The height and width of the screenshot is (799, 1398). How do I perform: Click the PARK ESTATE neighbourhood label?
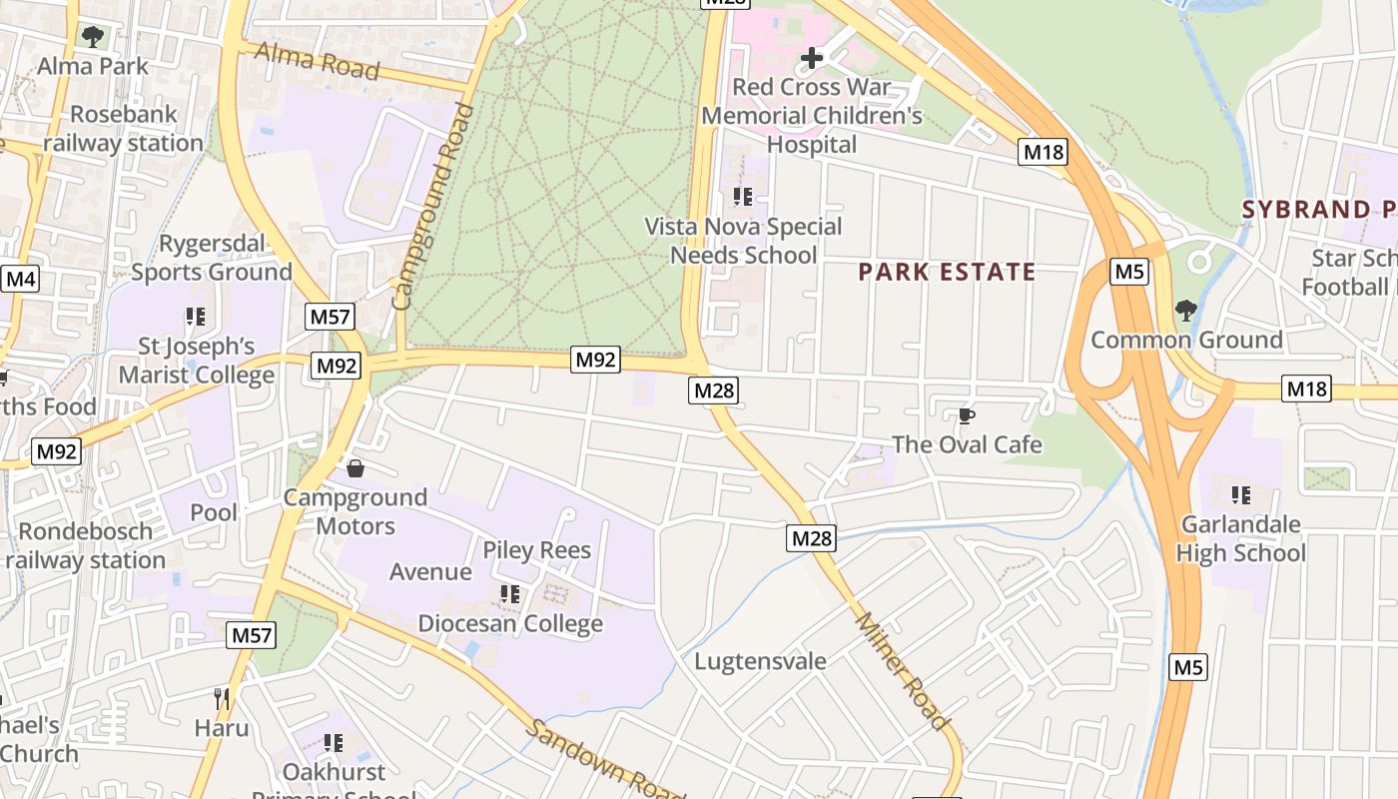point(947,272)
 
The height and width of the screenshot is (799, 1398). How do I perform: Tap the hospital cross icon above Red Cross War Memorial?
point(812,58)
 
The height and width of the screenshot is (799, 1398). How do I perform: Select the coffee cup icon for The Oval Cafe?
point(966,415)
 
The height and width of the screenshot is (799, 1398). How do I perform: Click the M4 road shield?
point(20,278)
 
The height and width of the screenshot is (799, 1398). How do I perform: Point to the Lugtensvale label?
point(760,661)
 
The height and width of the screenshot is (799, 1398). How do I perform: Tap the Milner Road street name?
point(902,670)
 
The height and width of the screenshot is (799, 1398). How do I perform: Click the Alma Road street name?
point(318,61)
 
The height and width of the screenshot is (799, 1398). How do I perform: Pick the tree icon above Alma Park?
point(93,38)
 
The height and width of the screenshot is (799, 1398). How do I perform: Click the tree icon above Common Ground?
point(1185,311)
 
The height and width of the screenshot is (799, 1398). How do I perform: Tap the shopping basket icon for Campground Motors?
point(354,468)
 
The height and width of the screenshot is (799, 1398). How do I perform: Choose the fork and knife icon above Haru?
point(222,698)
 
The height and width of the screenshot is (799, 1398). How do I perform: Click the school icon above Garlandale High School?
point(1240,494)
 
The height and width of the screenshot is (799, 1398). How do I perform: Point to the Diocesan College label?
point(510,623)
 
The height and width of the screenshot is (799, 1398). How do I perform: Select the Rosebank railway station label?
point(123,129)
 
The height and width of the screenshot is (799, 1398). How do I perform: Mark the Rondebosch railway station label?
point(85,545)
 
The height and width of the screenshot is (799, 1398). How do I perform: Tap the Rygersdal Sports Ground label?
point(212,258)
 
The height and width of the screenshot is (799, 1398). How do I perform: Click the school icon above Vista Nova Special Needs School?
point(742,197)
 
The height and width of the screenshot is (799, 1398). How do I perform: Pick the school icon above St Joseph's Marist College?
point(196,317)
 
